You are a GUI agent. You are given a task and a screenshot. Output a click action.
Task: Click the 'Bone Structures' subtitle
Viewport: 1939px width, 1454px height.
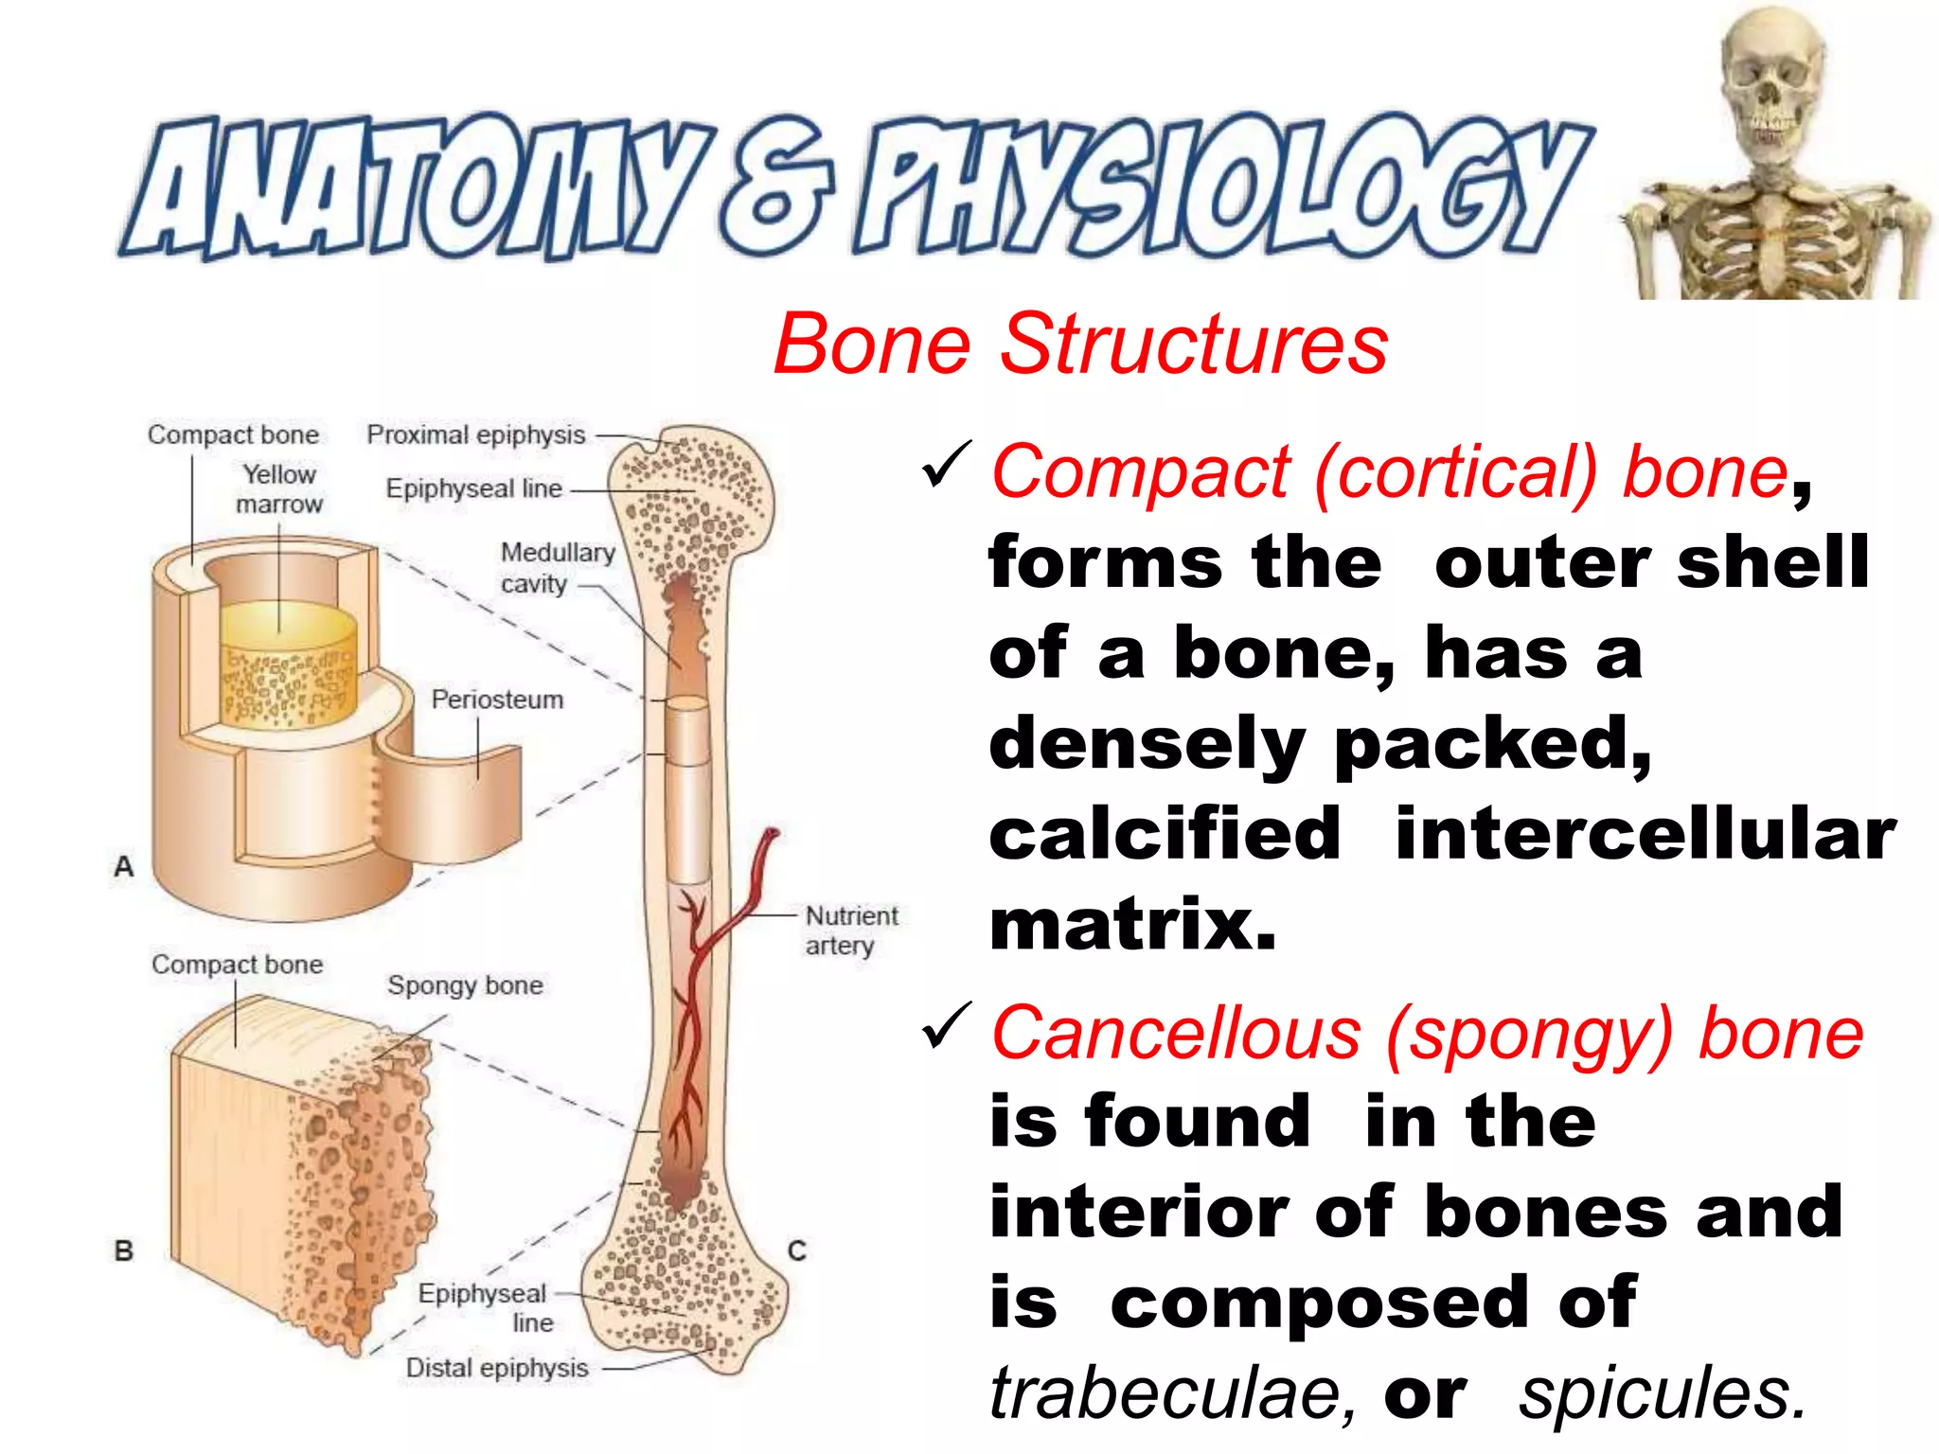click(1080, 345)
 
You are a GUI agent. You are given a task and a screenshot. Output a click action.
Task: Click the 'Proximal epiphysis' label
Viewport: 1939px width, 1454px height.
click(476, 434)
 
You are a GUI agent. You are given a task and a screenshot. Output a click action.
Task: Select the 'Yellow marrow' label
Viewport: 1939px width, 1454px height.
click(279, 488)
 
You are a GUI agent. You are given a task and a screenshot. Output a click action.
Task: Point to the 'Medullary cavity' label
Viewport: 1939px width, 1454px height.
click(557, 567)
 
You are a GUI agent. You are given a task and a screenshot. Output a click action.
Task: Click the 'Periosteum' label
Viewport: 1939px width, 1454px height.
click(497, 700)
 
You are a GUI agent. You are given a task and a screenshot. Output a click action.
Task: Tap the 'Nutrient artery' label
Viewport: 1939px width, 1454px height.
click(850, 930)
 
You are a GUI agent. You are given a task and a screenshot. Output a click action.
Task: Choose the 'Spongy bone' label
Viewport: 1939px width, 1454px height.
click(465, 985)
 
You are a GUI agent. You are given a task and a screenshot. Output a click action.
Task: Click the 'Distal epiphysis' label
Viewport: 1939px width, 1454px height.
click(497, 1368)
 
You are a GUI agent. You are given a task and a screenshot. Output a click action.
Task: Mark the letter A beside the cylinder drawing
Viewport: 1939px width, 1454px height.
click(124, 866)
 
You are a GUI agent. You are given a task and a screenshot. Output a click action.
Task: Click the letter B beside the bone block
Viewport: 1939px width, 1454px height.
click(124, 1250)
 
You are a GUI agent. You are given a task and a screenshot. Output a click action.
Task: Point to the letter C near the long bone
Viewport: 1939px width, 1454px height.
click(797, 1250)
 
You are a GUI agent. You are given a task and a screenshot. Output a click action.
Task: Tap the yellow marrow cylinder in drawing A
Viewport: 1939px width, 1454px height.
click(288, 663)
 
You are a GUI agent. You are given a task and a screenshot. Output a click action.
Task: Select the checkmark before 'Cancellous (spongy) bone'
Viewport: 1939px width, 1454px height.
click(946, 1026)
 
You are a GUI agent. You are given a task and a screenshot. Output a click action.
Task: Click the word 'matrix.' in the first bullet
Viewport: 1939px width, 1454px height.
click(1132, 925)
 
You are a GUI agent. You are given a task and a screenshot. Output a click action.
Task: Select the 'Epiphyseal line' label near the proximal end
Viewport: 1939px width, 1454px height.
click(473, 488)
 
